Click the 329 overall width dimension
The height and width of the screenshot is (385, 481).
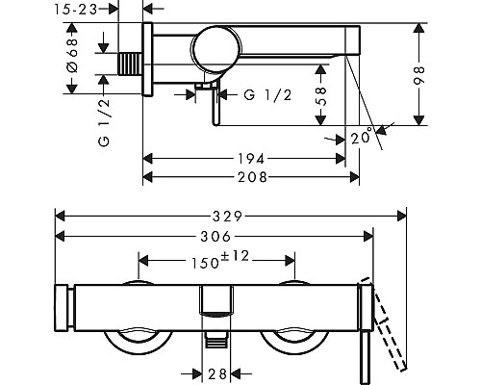[227, 217]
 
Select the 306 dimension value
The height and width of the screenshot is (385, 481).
[215, 237]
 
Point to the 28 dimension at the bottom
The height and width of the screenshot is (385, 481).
[217, 373]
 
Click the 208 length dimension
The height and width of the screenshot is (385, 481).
[252, 177]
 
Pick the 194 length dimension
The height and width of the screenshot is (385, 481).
[251, 159]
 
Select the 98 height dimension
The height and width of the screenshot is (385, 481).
[418, 75]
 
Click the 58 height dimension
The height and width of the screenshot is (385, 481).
[320, 96]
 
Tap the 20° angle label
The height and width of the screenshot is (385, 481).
[361, 137]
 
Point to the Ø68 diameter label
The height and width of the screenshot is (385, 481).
[72, 56]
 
